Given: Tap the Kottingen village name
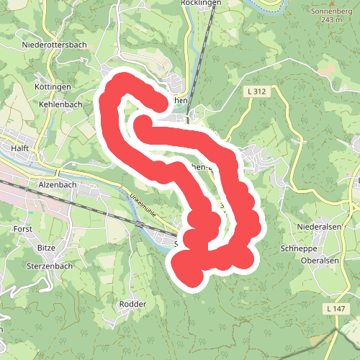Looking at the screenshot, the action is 52,87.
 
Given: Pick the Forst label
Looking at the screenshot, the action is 23,228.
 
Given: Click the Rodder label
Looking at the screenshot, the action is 133,304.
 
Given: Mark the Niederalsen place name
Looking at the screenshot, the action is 318,227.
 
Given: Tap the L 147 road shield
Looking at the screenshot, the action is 336,309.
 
